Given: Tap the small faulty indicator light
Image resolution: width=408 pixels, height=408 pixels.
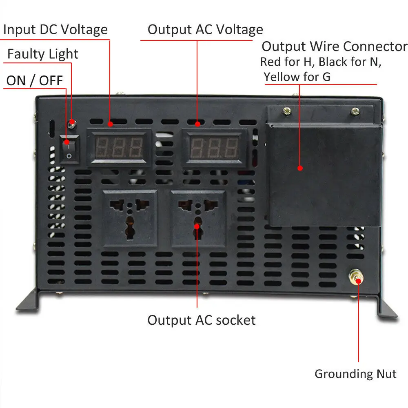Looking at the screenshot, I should tap(72, 122).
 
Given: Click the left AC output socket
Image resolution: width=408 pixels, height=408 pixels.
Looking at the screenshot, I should tap(130, 218).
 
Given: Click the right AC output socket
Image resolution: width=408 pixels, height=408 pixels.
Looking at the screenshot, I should tap(198, 218).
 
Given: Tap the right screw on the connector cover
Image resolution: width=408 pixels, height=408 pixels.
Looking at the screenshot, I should tap(355, 110).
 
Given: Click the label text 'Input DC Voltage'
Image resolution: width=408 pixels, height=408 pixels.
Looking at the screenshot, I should tap(55, 30).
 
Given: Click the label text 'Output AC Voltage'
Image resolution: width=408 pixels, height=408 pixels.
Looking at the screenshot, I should tap(205, 30).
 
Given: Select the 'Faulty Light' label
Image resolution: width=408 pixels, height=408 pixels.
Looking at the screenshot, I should tap(43, 54).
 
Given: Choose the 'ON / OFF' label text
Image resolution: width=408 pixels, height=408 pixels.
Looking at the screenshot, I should tap(35, 80).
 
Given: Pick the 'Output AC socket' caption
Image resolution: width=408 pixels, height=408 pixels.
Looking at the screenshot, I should tap(202, 320).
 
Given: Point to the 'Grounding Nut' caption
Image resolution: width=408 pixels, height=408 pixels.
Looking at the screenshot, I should tap(355, 374).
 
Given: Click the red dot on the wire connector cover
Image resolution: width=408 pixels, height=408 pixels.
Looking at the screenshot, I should tap(300, 168).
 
